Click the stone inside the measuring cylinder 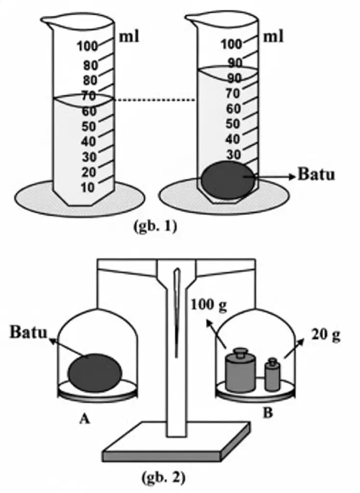pos(227,180)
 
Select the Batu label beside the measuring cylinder pos(316,174)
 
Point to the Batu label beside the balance pos(28,332)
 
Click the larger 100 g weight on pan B pos(240,370)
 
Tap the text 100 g pos(209,305)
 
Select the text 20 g pos(326,335)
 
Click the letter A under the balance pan pos(84,419)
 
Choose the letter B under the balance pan pos(267,413)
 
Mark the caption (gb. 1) pos(155,226)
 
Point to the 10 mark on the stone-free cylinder pos(88,188)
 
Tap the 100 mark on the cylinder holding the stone pos(231,44)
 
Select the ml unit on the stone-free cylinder pos(129,37)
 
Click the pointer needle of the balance pos(177,313)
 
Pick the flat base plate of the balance pos(176,442)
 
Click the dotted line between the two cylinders pos(155,100)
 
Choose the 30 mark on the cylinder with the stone pos(234,155)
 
